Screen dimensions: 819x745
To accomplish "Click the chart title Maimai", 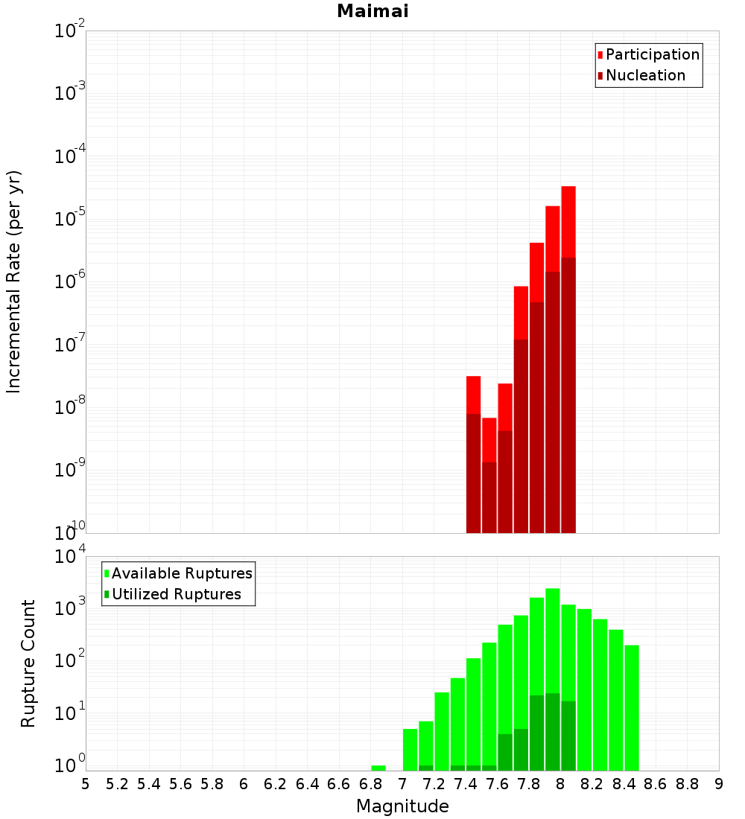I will point(372,11).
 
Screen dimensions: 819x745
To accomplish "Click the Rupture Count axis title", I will point(28,663).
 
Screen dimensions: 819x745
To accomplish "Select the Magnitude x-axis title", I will point(402,806).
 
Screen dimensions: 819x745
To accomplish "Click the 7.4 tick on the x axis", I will point(466,783).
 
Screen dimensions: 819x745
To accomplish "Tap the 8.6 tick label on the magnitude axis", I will point(656,783).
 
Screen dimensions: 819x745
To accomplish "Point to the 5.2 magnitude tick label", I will point(117,783).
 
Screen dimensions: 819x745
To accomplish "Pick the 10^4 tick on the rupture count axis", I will point(70,558).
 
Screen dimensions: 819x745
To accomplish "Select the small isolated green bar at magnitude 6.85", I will point(378,768).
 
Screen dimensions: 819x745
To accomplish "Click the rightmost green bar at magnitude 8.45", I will point(632,707).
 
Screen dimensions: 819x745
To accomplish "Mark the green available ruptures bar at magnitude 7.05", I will point(410,749).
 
